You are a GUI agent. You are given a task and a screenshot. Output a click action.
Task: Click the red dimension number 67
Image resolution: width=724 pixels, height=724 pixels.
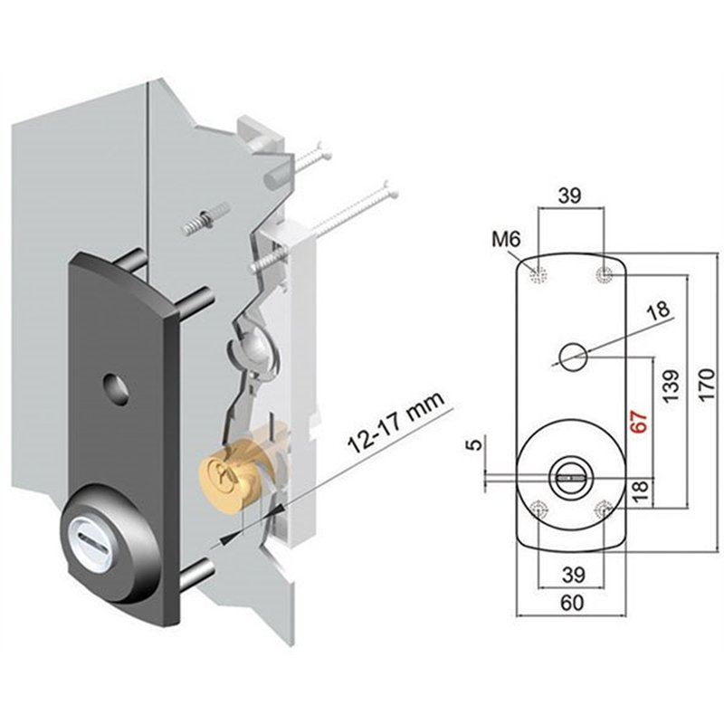pyautogui.click(x=640, y=421)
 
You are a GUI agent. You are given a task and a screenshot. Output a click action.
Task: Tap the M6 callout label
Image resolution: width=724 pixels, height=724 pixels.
pyautogui.click(x=506, y=239)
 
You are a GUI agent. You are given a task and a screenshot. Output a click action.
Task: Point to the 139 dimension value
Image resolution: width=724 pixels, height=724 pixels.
pyautogui.click(x=672, y=386)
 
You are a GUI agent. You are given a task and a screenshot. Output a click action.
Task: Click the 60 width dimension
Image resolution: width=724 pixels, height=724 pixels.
pyautogui.click(x=572, y=603)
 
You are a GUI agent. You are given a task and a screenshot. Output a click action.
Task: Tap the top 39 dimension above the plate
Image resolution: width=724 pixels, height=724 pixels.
pyautogui.click(x=570, y=195)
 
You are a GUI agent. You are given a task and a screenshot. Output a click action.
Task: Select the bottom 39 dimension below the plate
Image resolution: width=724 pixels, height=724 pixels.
pyautogui.click(x=574, y=575)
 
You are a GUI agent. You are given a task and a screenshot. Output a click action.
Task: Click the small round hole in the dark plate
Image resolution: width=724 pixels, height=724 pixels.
pyautogui.click(x=117, y=389)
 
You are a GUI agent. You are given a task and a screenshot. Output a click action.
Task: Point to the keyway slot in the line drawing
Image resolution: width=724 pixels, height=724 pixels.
pyautogui.click(x=571, y=479)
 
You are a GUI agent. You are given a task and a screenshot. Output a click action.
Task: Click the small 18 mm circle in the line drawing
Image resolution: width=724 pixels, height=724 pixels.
pyautogui.click(x=573, y=357)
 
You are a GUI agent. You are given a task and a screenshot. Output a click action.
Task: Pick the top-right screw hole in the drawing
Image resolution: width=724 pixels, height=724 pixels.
pyautogui.click(x=604, y=275)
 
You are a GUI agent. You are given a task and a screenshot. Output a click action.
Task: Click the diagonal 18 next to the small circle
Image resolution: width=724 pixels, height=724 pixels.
pyautogui.click(x=659, y=310)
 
